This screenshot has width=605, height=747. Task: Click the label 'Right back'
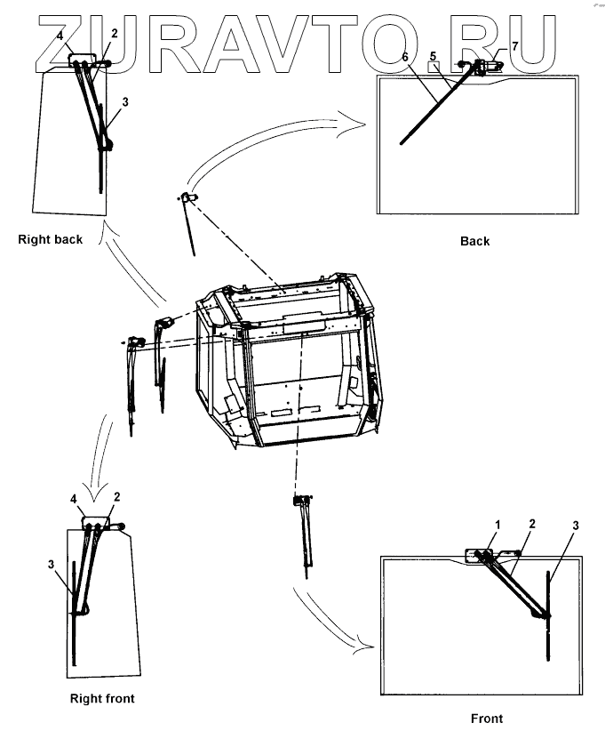(50, 239)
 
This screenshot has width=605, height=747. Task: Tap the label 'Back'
(474, 241)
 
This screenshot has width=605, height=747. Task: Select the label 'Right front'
(102, 699)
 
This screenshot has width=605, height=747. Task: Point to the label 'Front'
(487, 719)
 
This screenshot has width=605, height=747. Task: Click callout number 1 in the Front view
(498, 526)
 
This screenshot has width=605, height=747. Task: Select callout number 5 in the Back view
(434, 58)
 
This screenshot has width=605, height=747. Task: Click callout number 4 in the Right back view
(60, 36)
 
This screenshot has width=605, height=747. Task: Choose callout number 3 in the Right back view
(125, 102)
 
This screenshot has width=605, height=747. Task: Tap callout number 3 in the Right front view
(52, 564)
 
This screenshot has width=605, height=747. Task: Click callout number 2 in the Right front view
(116, 497)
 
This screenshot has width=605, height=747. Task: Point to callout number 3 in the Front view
(576, 526)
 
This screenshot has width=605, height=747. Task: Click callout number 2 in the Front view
(531, 526)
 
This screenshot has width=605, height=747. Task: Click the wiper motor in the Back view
(485, 66)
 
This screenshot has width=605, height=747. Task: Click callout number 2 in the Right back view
(115, 34)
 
